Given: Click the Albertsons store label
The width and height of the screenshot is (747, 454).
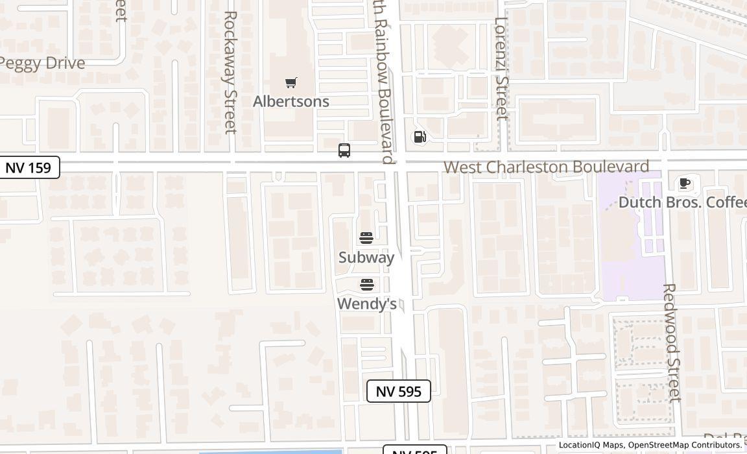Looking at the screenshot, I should coord(291,101).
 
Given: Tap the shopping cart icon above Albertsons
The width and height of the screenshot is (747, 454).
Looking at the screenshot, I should coord(291,82).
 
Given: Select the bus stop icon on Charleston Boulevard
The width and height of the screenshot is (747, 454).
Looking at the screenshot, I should coord(344,150).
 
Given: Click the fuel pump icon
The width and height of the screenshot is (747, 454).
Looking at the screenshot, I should coord(420,137).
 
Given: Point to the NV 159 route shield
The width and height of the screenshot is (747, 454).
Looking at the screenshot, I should coord(29,167).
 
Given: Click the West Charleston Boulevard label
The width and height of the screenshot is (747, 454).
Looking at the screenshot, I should coord(546,167).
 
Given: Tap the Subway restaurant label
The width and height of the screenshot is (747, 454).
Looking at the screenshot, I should coord(366,257).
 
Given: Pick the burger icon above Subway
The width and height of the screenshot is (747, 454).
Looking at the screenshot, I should coord(366,238).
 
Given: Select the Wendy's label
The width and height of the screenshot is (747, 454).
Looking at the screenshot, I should coord(367,304).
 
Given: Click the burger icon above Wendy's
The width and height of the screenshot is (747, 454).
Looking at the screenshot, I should coord(367,285).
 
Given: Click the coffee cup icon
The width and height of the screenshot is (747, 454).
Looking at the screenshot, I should coord(684,184).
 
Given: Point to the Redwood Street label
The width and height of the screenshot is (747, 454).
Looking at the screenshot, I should coord(671,342).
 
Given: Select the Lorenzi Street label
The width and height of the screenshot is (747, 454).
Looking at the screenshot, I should coord(501,68).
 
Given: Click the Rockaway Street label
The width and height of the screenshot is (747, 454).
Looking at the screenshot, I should coord(230,72).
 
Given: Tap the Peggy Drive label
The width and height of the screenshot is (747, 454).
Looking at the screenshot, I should coord(43,63).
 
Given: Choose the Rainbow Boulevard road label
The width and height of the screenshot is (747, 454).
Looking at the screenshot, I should coord(385,82).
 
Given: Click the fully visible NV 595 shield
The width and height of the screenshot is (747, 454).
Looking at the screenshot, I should coord(399,391).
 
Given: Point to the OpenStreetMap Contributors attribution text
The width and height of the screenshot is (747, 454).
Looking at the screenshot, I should coord(685,445).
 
